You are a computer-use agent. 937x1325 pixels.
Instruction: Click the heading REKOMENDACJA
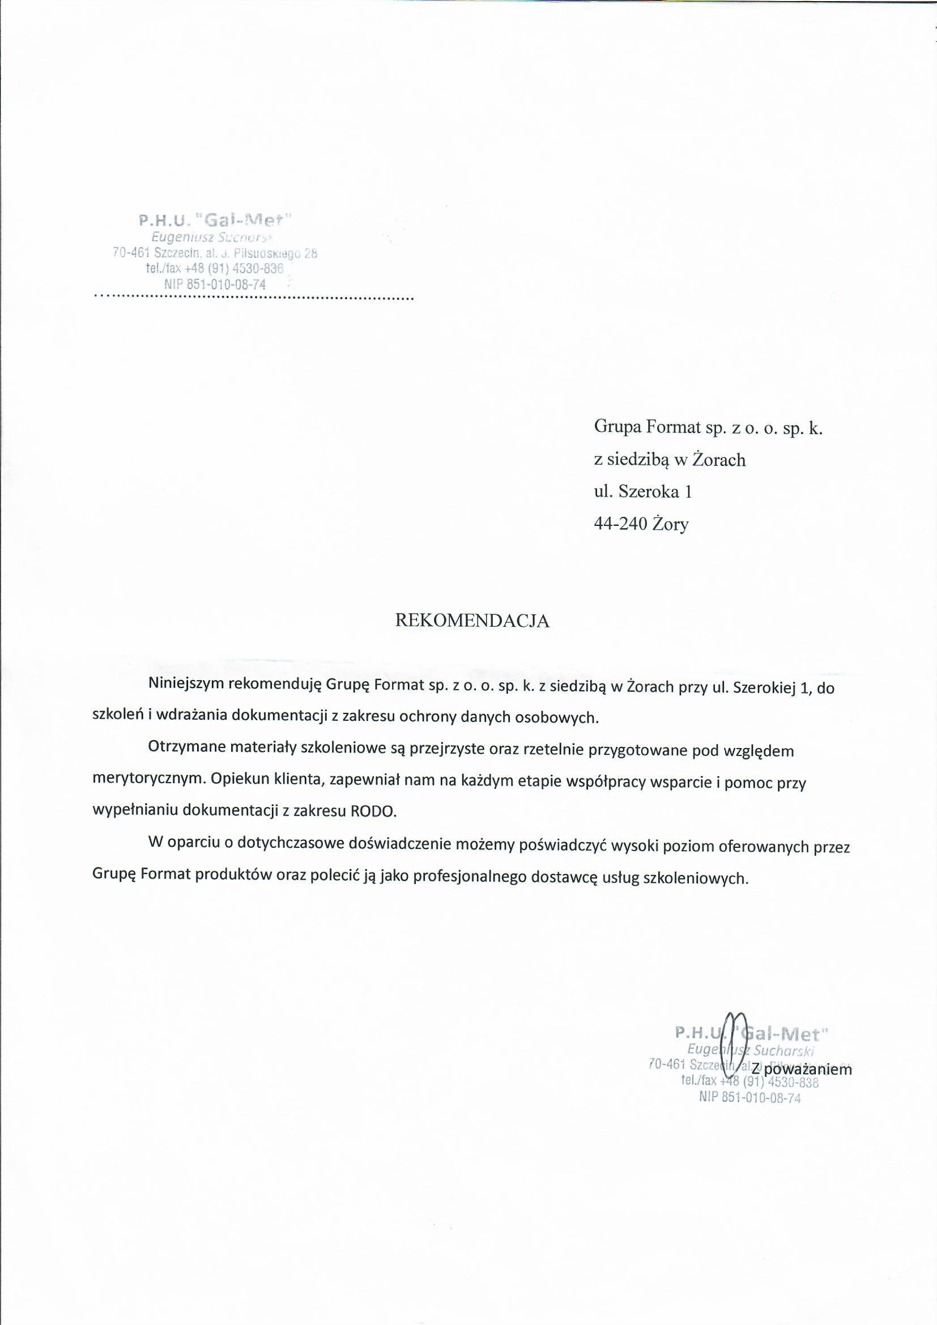pos(471,621)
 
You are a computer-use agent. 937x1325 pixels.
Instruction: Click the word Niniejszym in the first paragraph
pos(186,687)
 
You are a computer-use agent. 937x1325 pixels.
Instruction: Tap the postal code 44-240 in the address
pos(620,524)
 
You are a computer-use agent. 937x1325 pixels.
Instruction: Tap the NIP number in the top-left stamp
pos(215,284)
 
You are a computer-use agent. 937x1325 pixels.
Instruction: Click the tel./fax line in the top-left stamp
pos(215,269)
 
